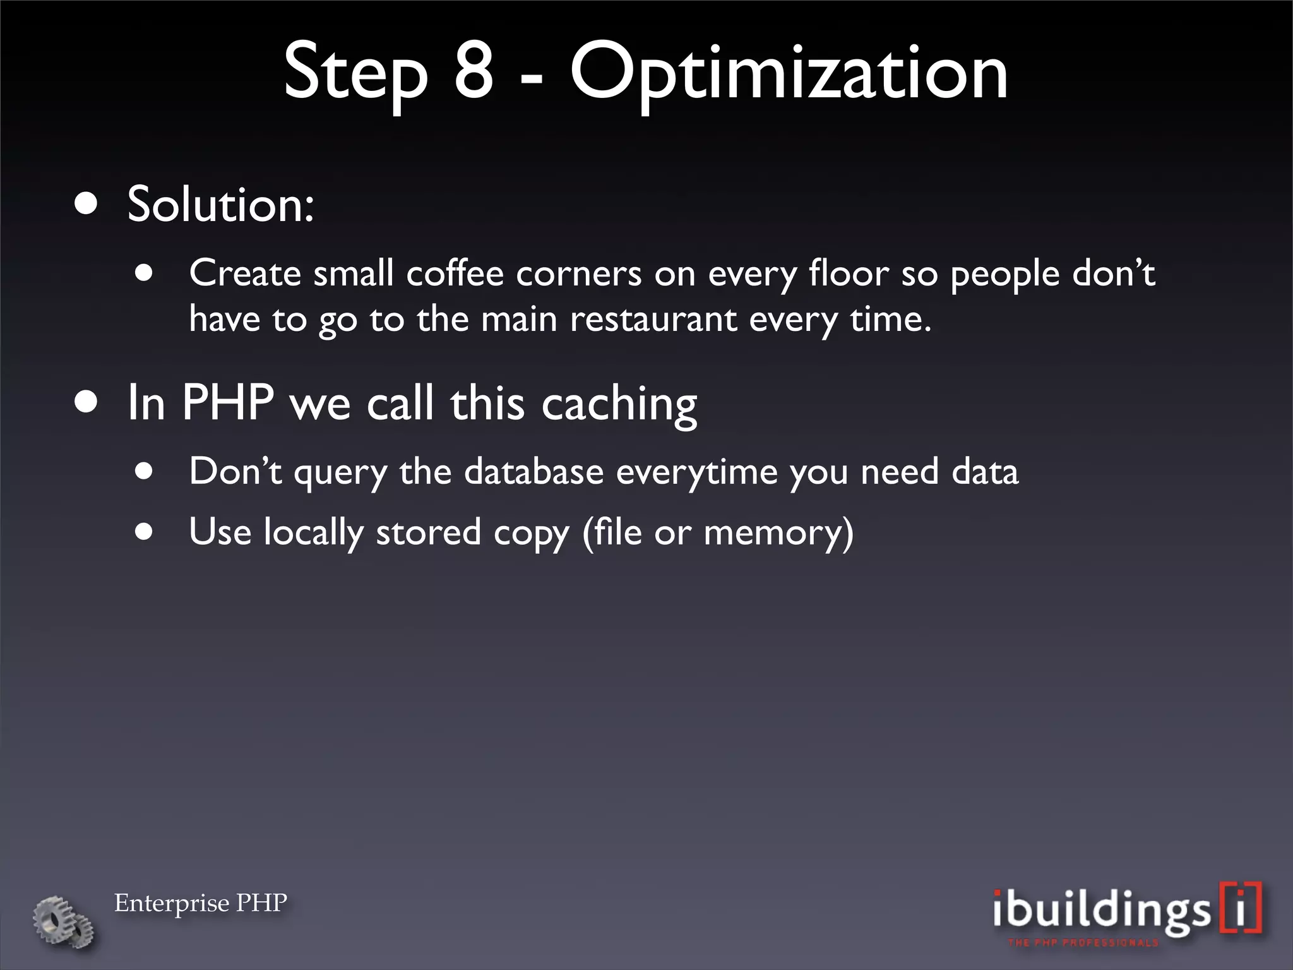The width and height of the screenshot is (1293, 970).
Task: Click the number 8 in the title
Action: click(474, 72)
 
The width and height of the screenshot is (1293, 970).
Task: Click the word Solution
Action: click(220, 205)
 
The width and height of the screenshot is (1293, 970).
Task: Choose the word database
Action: click(533, 471)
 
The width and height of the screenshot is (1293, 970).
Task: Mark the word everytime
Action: click(696, 472)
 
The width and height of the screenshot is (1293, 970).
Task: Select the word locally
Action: click(313, 532)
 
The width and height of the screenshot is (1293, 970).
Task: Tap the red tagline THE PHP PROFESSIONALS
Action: click(1083, 943)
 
